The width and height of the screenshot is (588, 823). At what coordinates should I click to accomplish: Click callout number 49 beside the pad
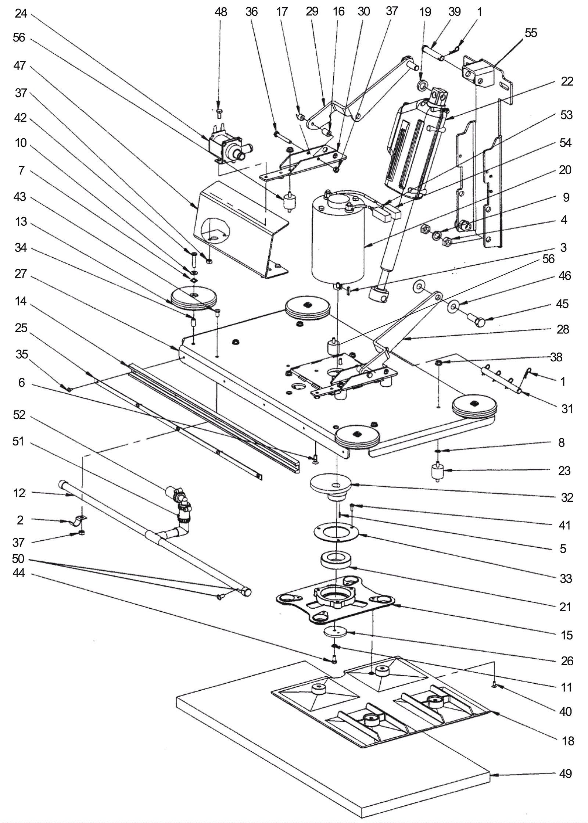pos(566,774)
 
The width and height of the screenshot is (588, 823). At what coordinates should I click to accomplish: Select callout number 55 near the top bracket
pos(531,33)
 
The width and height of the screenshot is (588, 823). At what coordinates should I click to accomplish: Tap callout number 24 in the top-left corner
pos(21,14)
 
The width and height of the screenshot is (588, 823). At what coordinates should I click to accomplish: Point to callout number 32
pos(567,497)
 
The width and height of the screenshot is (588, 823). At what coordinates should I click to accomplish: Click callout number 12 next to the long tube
pos(19,493)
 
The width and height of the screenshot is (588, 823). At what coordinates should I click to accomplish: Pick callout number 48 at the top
pos(221,12)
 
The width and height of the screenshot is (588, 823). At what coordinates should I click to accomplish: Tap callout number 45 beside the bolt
pos(562,304)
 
